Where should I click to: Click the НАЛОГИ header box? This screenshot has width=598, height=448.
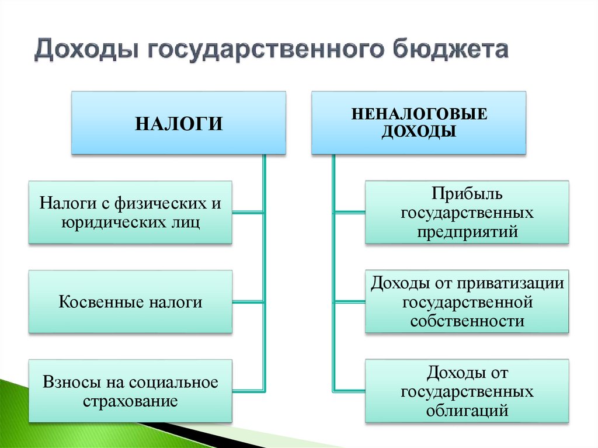click(x=179, y=123)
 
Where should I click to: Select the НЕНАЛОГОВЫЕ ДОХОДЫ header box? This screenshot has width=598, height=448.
click(x=419, y=123)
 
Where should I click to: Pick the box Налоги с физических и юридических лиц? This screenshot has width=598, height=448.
click(x=130, y=212)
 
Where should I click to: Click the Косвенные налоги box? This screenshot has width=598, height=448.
click(x=130, y=302)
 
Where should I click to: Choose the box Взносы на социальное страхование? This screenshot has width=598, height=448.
click(x=130, y=391)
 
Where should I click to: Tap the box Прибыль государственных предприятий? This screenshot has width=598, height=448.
click(x=467, y=212)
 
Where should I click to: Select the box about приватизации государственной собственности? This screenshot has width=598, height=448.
click(x=467, y=302)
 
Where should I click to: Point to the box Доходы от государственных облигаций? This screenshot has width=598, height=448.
click(x=467, y=391)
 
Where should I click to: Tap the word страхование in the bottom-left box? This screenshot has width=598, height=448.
click(x=130, y=401)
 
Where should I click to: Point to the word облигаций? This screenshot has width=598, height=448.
click(x=467, y=411)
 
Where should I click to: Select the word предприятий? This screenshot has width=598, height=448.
click(x=467, y=231)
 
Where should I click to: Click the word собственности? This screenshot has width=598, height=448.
click(x=467, y=321)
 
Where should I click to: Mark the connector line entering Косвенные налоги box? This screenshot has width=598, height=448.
click(x=248, y=302)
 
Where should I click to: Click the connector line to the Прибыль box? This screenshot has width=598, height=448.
click(x=349, y=213)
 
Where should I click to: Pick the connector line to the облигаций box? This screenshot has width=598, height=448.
click(x=349, y=390)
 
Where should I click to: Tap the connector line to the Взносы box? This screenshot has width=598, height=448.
click(x=248, y=390)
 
